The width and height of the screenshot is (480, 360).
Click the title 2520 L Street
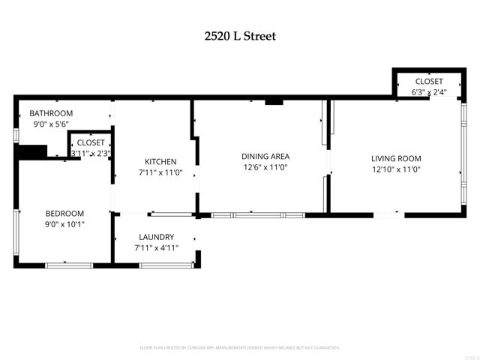coord(240,35)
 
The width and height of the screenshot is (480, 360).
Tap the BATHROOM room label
coord(52,113)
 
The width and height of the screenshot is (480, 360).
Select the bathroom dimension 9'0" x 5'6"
coord(50,124)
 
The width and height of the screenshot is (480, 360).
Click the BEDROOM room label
coord(64,213)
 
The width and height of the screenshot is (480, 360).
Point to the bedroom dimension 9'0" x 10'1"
coord(64,224)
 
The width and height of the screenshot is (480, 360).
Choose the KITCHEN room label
coord(160,161)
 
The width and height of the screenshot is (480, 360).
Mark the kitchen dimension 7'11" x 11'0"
coord(160,172)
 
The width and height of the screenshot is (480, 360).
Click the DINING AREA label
coord(265,156)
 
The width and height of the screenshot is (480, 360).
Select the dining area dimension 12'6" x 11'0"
coord(265,167)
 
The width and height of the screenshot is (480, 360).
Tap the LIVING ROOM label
coord(396,158)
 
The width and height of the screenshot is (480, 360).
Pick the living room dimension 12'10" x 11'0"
coord(396,169)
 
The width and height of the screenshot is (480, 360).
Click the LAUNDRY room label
coord(155,236)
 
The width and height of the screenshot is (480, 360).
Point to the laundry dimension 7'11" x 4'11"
coord(156,247)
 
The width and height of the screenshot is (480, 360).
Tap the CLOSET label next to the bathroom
coord(91,142)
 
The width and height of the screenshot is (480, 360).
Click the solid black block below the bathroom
coord(31,152)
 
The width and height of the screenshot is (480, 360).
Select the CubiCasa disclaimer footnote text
coord(240,348)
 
